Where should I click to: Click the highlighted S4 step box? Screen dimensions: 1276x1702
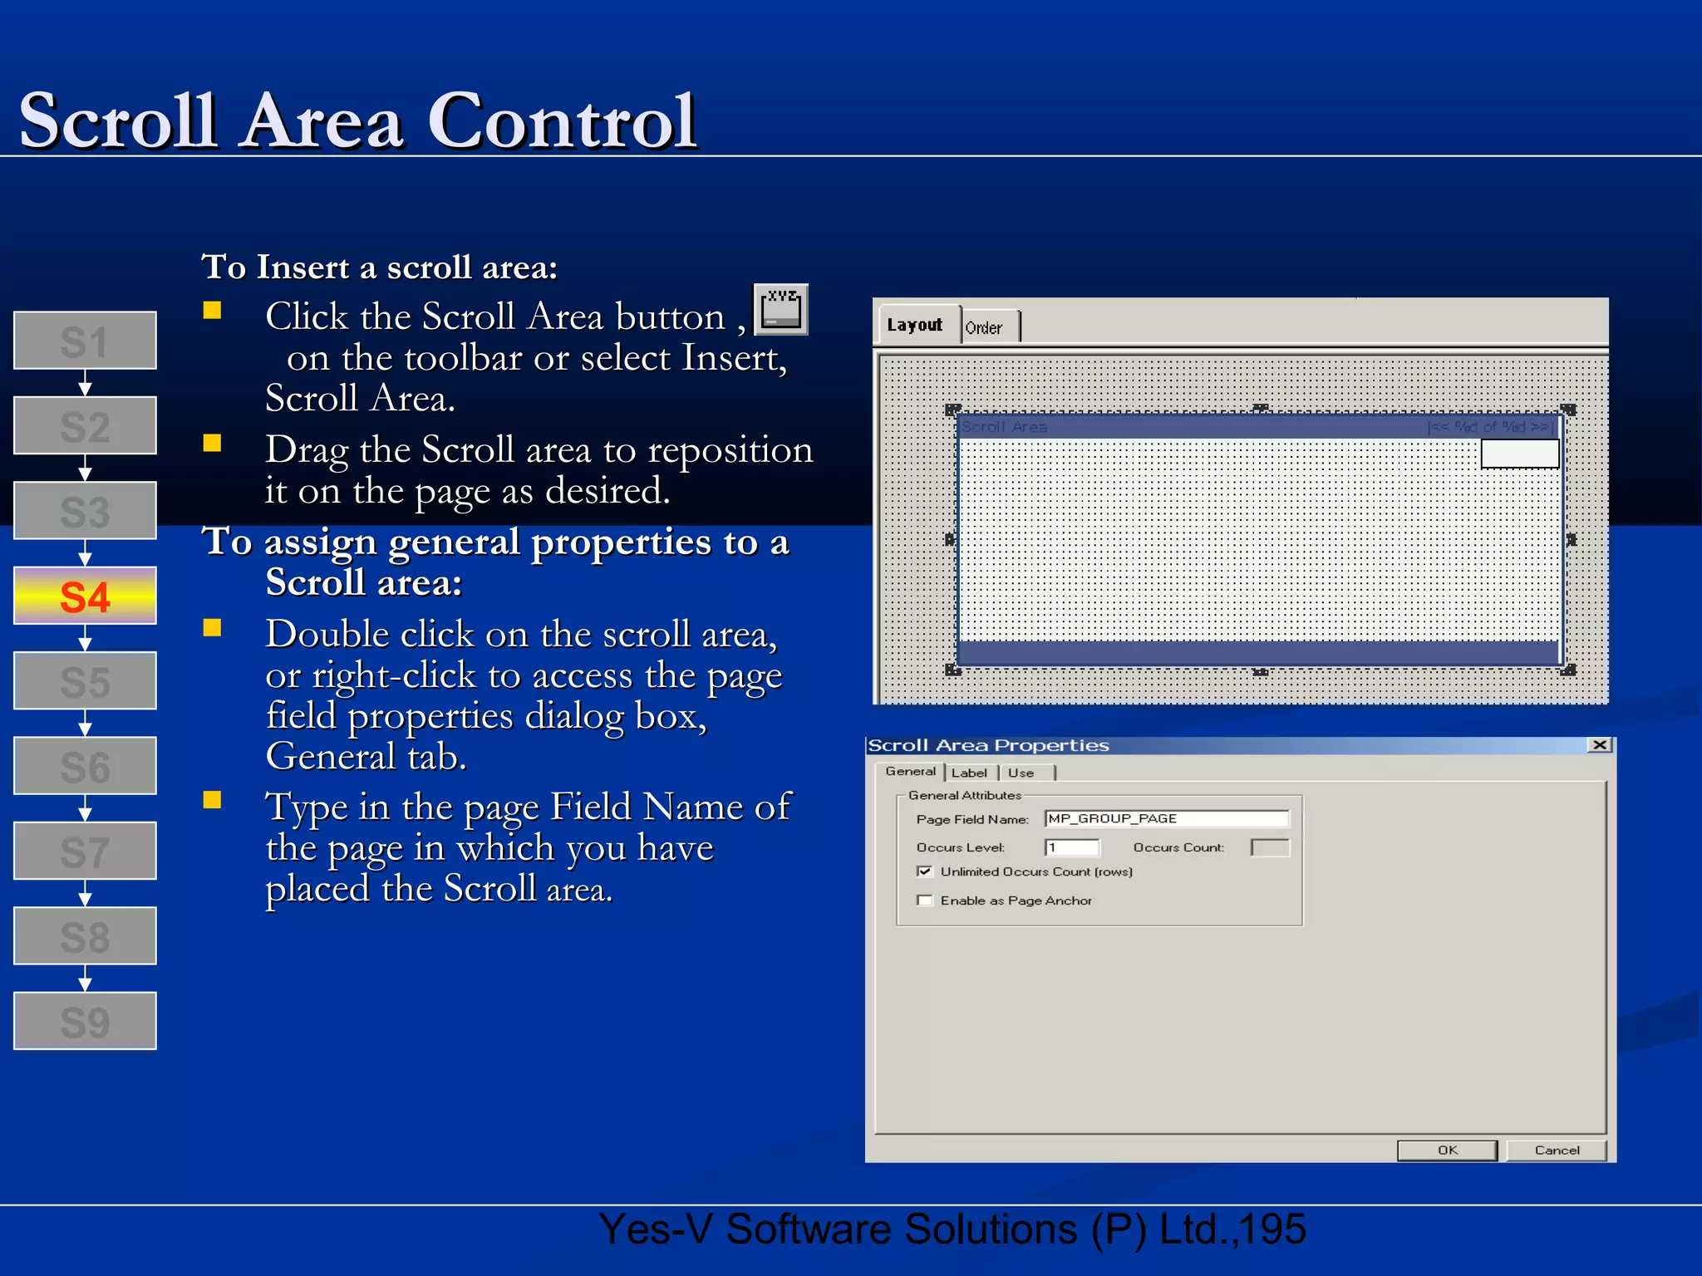[x=85, y=596]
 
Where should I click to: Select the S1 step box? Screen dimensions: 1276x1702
[x=85, y=341]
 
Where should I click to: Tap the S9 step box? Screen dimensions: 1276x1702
[x=85, y=1021]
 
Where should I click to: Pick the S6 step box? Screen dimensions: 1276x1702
[x=85, y=766]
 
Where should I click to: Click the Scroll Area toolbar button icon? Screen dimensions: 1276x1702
[x=780, y=310]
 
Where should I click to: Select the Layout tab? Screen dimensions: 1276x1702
[x=915, y=325]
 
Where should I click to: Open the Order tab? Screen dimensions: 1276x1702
[x=985, y=328]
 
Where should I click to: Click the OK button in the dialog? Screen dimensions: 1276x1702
[x=1447, y=1150]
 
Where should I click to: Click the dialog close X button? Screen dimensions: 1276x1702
[x=1600, y=745]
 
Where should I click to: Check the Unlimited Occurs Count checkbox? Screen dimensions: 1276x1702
[x=924, y=871]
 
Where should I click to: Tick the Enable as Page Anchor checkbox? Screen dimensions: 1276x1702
[x=924, y=901]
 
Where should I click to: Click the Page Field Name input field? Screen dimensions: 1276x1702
[x=1166, y=819]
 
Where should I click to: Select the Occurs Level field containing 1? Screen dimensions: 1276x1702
[x=1072, y=847]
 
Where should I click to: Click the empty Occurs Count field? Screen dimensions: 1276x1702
[x=1270, y=847]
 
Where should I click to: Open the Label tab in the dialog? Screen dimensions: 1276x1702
[x=969, y=773]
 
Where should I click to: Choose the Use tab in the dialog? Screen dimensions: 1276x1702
[x=1021, y=773]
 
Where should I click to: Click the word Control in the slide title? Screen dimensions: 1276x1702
[x=562, y=121]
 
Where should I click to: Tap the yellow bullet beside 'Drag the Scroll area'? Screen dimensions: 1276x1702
[x=213, y=443]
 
